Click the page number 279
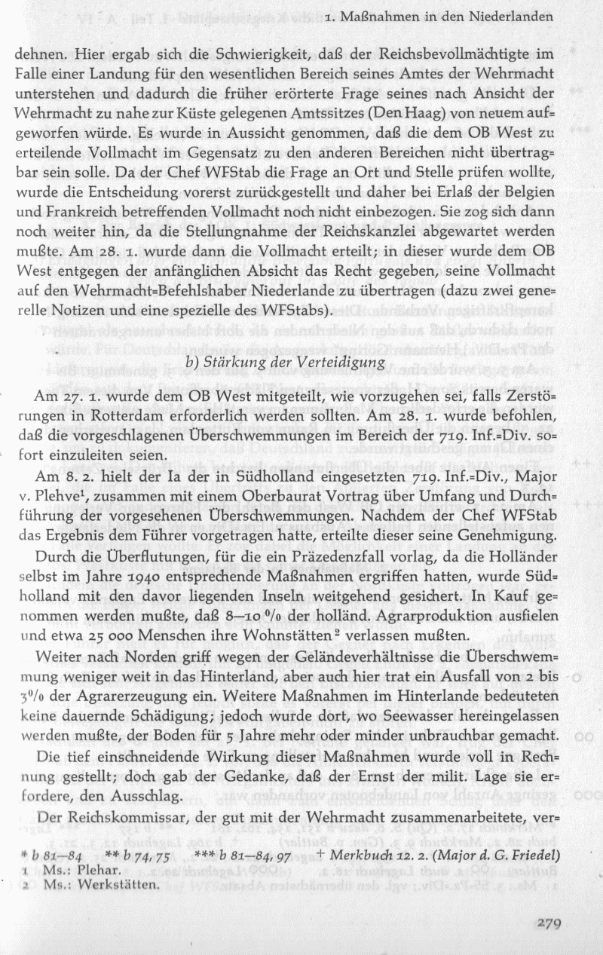coord(556,919)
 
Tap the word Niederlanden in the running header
coord(512,15)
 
